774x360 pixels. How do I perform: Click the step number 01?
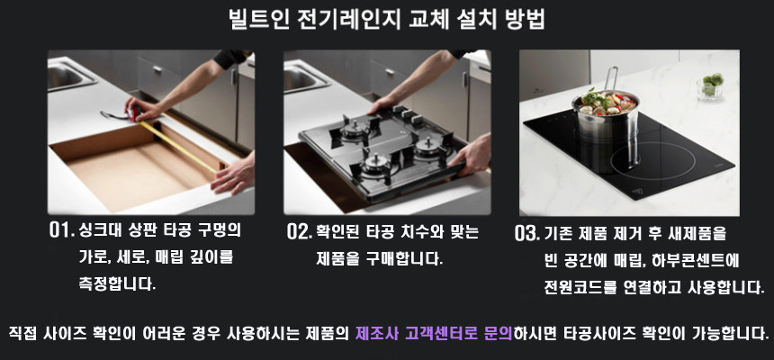(x=62, y=230)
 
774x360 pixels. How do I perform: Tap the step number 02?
(x=299, y=232)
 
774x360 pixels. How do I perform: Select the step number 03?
(x=526, y=234)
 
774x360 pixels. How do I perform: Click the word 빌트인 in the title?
(x=258, y=20)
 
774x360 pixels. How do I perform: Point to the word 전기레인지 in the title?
(x=349, y=20)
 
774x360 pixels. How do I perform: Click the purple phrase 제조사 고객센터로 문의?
(x=434, y=333)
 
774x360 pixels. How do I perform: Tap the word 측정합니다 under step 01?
(x=117, y=284)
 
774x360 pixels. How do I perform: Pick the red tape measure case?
(x=134, y=113)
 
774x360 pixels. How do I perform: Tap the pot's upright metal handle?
(x=611, y=78)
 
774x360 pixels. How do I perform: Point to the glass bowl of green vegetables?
(x=709, y=86)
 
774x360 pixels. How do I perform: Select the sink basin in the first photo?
(x=70, y=76)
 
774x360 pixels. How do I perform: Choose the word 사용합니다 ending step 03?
(x=725, y=287)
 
